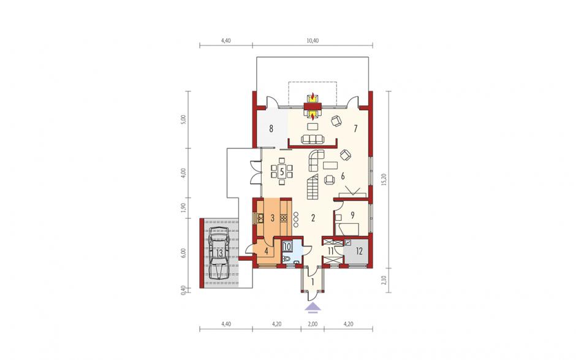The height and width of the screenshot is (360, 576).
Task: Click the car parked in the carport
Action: click(219, 253)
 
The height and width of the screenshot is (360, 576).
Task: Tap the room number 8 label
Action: click(271, 129)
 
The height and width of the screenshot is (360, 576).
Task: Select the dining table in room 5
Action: click(282, 171)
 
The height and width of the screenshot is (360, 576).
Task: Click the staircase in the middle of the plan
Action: click(313, 187)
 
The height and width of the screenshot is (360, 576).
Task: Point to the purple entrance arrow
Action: click(313, 307)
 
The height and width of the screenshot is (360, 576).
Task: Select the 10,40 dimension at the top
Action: click(313, 41)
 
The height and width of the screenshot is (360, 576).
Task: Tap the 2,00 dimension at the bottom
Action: click(313, 324)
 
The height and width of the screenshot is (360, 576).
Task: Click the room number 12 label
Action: click(359, 251)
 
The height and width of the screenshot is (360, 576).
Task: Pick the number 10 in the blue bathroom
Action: click(287, 247)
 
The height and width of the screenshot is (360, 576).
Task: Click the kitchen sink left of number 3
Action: click(260, 218)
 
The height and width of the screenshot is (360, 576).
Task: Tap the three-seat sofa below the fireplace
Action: click(313, 139)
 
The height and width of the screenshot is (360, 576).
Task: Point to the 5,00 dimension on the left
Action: click(184, 120)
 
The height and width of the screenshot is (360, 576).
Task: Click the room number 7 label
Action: click(355, 129)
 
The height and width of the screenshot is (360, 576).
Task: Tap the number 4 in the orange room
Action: click(267, 252)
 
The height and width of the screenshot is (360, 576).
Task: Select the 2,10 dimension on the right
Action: click(384, 280)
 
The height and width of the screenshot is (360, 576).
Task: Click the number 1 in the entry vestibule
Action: click(313, 282)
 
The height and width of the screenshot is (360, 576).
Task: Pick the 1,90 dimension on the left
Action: click(184, 207)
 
